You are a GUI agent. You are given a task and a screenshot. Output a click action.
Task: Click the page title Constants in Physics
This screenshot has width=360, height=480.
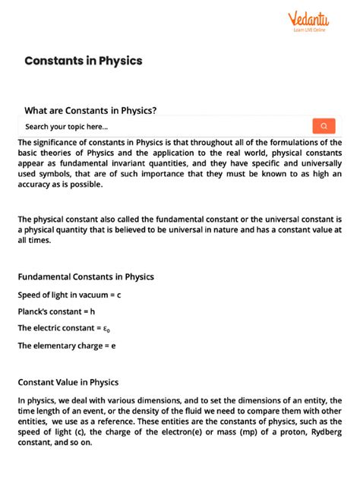pyautogui.click(x=84, y=60)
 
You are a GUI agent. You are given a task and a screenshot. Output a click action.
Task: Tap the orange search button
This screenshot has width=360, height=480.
pyautogui.click(x=324, y=126)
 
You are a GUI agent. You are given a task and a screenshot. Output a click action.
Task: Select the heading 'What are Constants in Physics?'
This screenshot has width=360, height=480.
pyautogui.click(x=90, y=110)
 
